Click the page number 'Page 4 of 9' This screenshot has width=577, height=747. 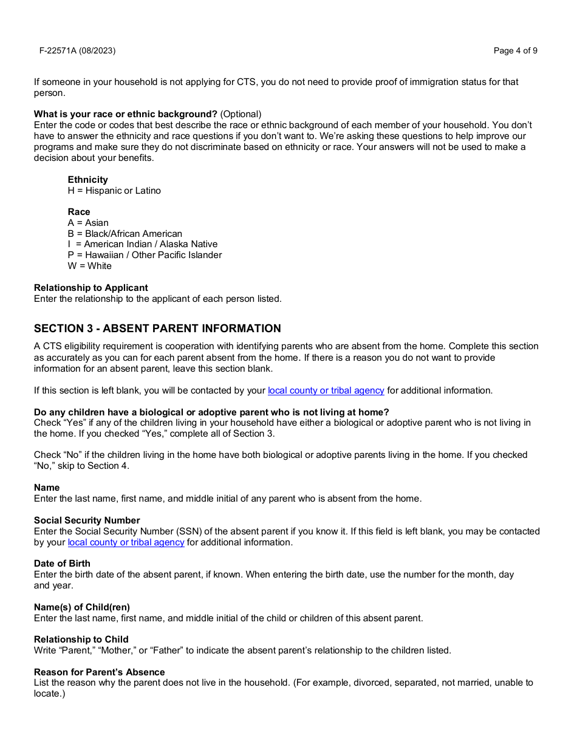515,51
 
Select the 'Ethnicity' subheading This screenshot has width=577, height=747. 87,180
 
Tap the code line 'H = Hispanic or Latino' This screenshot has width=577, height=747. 114,191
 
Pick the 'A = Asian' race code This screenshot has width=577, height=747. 88,223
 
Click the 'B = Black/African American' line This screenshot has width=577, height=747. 125,234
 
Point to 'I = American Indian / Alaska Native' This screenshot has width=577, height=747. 142,244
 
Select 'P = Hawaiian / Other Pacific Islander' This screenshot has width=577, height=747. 145,255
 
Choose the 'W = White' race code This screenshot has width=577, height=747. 89,266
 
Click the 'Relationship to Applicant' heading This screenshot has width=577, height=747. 90,288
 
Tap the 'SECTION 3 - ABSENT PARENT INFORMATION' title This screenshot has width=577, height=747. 157,329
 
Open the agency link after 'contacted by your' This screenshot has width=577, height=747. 326,391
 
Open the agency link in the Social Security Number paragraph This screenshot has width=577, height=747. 126,542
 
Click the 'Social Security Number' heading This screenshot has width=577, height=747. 87,520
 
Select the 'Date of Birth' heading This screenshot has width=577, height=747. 62,564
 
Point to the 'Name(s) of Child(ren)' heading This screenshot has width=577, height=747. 81,607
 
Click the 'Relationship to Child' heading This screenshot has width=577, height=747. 81,640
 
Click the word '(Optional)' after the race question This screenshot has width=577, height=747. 241,114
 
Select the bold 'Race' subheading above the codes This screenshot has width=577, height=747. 79,212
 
